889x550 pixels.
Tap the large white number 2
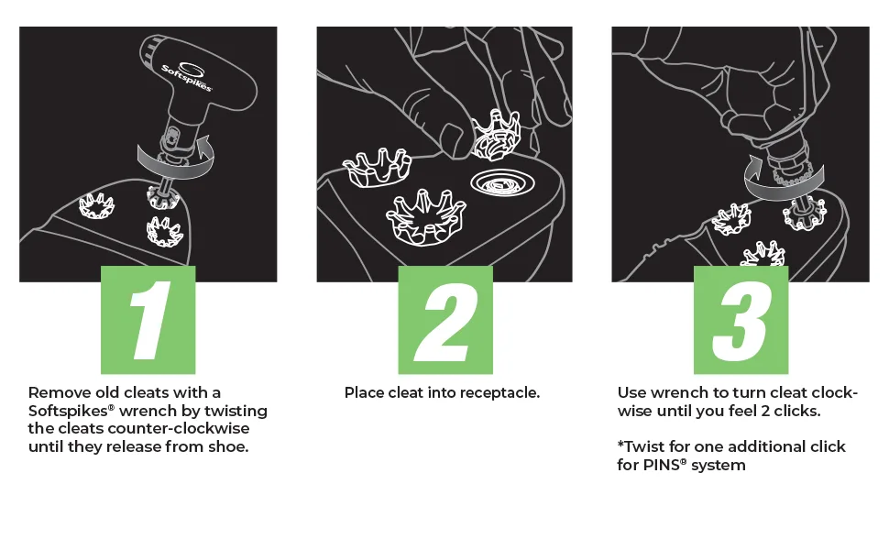[445, 320]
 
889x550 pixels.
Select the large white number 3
[741, 321]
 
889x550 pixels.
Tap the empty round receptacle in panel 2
[502, 182]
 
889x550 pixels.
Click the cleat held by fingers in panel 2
[496, 136]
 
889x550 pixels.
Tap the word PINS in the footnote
[661, 465]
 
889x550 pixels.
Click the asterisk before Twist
[620, 444]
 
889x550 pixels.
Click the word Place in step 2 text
[364, 393]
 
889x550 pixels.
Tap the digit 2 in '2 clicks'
[766, 411]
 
